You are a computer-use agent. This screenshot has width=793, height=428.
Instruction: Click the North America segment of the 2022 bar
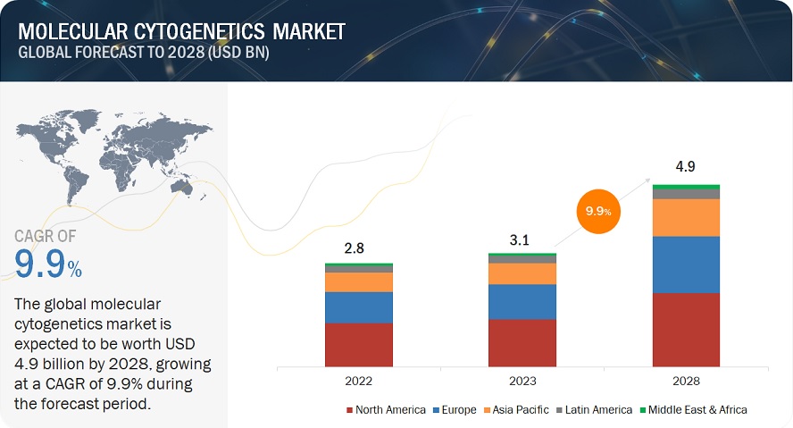pos(358,344)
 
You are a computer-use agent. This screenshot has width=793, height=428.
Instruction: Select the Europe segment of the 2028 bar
pos(686,264)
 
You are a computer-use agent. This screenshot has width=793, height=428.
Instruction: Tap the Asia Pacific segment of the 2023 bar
pos(522,273)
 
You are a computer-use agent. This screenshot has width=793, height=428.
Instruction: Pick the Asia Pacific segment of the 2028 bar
pos(686,217)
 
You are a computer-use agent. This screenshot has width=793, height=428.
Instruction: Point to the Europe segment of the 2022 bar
pos(358,306)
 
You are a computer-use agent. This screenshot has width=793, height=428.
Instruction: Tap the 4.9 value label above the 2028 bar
pos(686,166)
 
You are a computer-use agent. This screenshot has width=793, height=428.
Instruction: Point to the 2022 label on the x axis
pos(359,382)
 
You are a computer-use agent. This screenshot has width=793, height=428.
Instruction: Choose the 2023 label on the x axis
pos(522,382)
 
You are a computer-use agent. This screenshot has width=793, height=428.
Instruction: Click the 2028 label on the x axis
pos(686,382)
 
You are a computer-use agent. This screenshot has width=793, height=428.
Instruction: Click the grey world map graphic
pos(113,152)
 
